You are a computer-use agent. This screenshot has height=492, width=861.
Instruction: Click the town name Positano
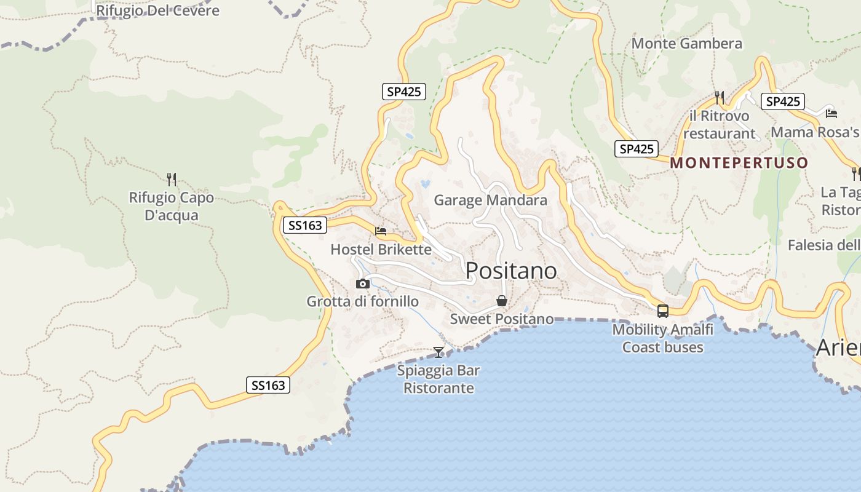click(511, 271)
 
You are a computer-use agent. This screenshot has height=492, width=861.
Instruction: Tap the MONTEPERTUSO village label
click(739, 163)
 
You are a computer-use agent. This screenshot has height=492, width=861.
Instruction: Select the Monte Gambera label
click(687, 44)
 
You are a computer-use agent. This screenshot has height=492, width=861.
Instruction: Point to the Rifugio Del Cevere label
click(157, 10)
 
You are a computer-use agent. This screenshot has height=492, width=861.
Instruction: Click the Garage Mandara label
click(490, 200)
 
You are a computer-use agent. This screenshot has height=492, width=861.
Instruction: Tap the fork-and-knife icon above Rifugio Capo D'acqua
click(172, 180)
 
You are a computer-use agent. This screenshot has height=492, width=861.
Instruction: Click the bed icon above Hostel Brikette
click(381, 231)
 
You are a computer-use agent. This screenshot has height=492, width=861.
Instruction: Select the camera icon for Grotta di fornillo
click(363, 284)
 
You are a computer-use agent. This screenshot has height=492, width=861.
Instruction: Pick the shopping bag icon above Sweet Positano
click(502, 301)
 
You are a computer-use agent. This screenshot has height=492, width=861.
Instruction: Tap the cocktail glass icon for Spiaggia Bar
click(438, 352)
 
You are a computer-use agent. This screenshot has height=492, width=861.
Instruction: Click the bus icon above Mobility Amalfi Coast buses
click(663, 311)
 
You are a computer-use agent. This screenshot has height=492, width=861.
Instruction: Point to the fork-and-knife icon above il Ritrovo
click(719, 98)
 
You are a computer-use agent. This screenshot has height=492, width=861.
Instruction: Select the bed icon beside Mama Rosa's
click(831, 113)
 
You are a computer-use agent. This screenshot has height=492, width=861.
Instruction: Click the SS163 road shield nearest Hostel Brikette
click(305, 225)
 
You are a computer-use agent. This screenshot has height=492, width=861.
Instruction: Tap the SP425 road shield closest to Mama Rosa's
click(782, 101)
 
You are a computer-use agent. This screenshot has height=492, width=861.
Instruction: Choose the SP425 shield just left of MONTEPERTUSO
click(637, 149)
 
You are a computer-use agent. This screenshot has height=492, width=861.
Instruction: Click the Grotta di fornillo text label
click(363, 301)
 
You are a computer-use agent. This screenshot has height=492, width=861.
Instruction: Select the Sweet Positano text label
click(502, 319)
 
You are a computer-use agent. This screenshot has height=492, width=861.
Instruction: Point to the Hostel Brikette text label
click(381, 249)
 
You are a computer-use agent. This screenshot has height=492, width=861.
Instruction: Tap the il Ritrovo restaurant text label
click(719, 125)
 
